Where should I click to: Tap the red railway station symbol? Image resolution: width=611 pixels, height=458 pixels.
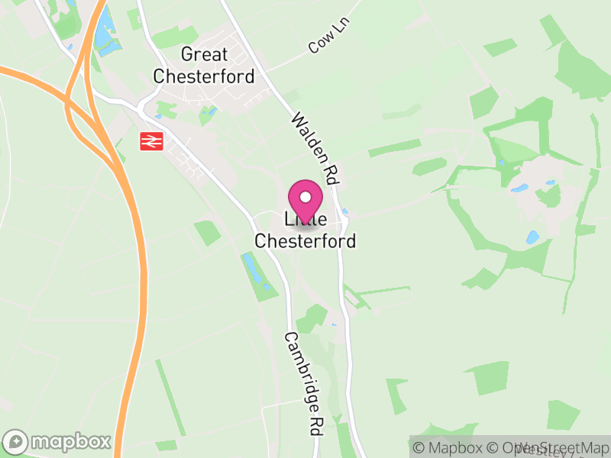pos(150,140)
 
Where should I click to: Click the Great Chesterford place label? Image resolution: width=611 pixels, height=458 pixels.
pos(203,65)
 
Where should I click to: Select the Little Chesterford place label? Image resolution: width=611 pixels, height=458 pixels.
pos(305,231)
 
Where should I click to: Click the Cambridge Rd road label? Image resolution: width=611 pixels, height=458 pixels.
pos(302,384)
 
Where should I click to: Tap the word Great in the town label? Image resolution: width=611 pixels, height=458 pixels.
pos(204,54)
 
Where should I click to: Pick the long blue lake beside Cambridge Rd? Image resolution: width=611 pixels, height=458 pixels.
pos(254,270)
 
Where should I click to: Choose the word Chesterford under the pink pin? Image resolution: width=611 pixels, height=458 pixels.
pos(305,241)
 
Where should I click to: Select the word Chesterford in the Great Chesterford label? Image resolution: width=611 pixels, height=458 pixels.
pos(203,76)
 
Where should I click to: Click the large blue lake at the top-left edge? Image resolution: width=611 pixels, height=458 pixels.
pos(106,34)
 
